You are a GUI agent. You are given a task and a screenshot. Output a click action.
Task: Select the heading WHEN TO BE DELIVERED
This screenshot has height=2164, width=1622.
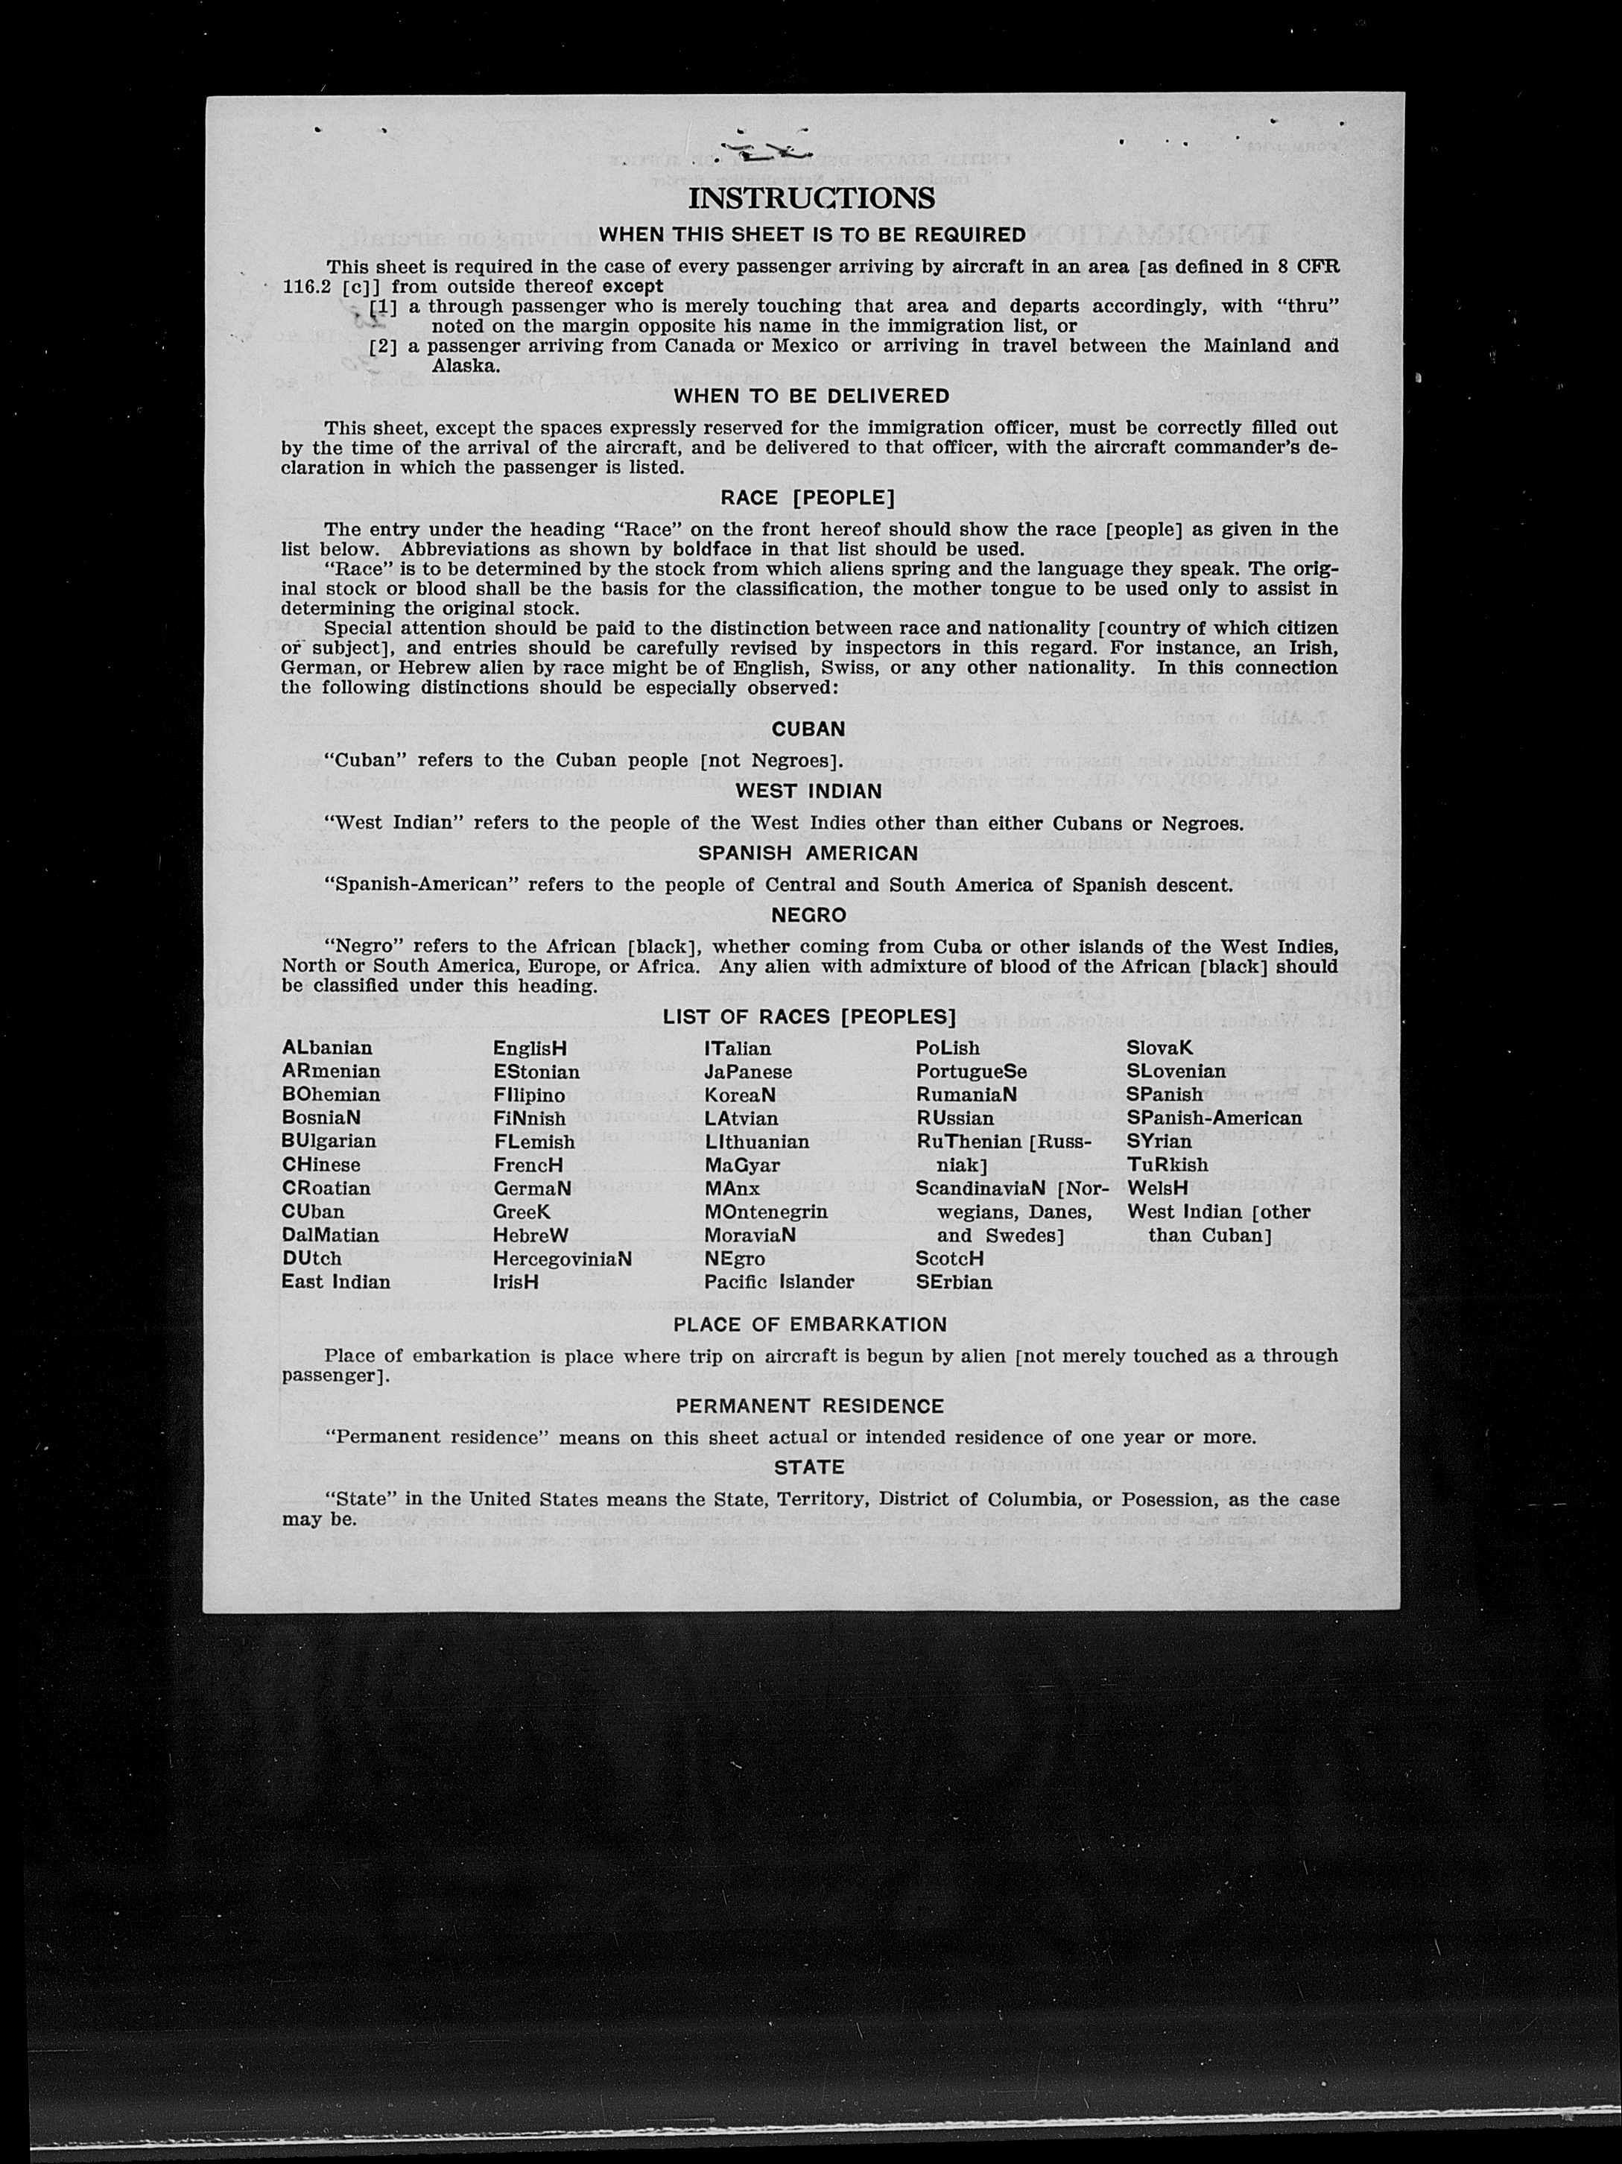[x=811, y=396]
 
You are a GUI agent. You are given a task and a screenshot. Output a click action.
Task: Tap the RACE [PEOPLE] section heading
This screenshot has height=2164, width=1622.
[x=808, y=498]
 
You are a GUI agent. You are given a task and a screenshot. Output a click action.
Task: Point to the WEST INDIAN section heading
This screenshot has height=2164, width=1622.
[x=808, y=791]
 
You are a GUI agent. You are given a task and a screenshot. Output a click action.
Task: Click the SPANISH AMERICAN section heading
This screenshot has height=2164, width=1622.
[x=808, y=853]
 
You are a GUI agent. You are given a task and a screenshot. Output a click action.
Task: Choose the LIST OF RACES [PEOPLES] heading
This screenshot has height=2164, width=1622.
[x=809, y=1016]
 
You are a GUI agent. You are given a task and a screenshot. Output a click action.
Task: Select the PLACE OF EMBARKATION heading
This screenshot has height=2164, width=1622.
[x=810, y=1325]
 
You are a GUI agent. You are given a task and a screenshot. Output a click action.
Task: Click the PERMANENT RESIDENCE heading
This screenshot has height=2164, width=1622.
[x=809, y=1406]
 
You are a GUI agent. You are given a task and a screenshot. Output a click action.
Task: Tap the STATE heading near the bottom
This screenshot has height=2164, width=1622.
[x=808, y=1467]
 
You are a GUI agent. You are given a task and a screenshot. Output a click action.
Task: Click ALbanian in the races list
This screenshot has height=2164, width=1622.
[x=327, y=1048]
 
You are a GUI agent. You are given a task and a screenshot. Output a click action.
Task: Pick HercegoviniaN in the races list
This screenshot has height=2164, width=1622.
[x=562, y=1259]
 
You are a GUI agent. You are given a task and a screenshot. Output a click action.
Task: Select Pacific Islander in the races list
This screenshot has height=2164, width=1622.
[x=779, y=1282]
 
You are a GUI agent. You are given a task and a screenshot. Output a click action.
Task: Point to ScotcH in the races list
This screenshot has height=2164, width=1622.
[x=949, y=1259]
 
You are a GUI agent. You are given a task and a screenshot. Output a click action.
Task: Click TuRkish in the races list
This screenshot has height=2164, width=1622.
[x=1167, y=1165]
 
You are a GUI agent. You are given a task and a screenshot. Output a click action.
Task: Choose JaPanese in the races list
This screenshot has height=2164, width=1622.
[x=747, y=1072]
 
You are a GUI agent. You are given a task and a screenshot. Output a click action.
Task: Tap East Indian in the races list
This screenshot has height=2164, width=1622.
[x=335, y=1282]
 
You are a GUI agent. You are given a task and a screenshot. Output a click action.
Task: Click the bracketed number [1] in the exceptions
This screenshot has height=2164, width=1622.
[x=384, y=306]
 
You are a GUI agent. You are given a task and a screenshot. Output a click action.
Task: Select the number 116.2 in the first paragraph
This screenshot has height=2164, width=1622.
[x=304, y=288]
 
